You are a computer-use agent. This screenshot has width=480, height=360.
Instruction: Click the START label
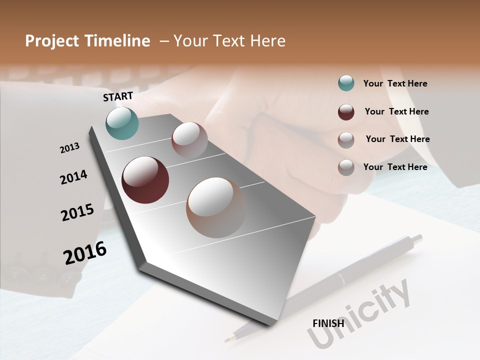118,96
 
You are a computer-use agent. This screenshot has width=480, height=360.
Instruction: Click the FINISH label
328,323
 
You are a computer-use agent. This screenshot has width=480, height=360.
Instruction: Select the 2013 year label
69,148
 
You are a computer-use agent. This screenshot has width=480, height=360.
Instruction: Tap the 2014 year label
73,177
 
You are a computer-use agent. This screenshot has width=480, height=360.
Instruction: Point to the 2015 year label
77,212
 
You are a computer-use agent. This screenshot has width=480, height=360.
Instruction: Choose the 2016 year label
85,252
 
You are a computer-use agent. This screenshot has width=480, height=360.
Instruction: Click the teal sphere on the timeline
122,123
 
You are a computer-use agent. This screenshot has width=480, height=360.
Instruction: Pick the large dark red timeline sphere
145,180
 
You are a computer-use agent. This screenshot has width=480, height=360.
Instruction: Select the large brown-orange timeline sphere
216,207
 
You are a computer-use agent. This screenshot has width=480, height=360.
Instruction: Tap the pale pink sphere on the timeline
189,140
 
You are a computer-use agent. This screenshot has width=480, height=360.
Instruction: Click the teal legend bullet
346,83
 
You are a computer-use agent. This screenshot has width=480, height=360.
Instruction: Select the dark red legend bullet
346,112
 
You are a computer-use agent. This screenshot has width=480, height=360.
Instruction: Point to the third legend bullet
346,140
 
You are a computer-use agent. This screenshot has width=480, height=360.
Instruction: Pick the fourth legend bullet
346,167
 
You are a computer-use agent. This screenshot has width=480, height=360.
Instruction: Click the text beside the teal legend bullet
395,83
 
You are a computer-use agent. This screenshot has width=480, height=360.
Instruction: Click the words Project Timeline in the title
87,41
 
